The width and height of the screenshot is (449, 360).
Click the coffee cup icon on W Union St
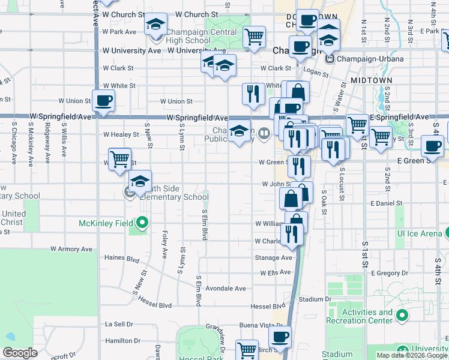pos(103,100)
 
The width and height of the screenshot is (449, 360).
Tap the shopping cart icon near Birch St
pos(247,350)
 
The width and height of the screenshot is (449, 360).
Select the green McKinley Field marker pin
pos(142,224)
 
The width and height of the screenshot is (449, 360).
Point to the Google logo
pos(20,353)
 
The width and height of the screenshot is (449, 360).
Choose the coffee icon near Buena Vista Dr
pos(279,337)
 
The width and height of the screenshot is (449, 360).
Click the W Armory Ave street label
pos(71,248)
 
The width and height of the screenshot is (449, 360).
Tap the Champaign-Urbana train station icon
pos(329,59)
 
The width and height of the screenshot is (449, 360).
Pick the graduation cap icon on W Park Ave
pos(155,25)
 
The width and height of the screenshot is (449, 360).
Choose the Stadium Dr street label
pos(315,299)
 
